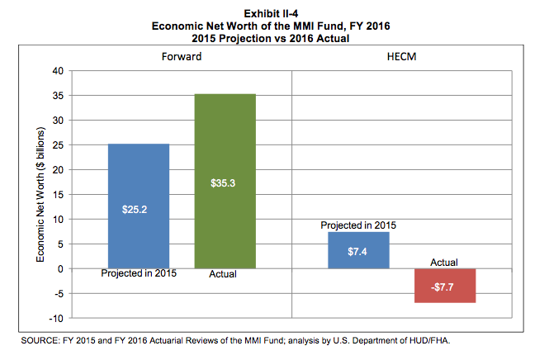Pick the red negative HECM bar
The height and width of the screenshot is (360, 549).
(444, 286)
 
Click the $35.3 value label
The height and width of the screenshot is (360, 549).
(225, 183)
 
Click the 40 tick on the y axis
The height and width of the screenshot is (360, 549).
(59, 71)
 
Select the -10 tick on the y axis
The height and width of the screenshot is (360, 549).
(57, 318)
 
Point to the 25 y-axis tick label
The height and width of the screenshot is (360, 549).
(59, 145)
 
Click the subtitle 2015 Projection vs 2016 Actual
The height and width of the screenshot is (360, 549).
(274, 37)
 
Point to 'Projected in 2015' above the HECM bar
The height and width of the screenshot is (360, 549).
(358, 225)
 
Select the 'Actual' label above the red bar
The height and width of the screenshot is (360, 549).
(444, 262)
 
